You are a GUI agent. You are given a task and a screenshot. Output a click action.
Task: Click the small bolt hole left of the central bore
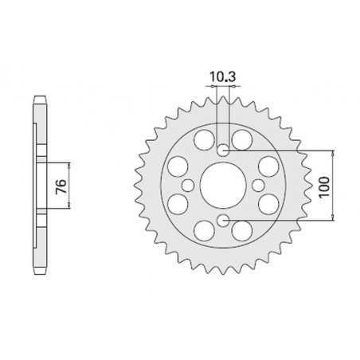click(x=187, y=185)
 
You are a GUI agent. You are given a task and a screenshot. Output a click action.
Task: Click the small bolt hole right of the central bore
click(x=257, y=185)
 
